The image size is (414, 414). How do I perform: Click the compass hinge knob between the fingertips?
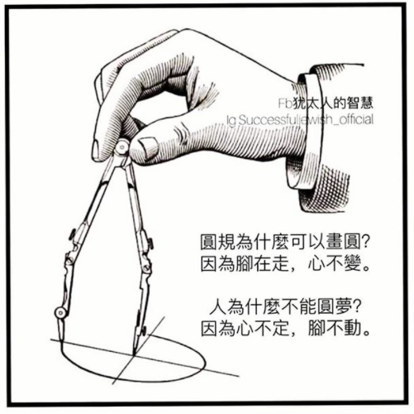pos(121,147)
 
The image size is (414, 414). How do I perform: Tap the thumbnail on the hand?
pos(147,145)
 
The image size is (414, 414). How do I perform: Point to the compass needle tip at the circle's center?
pos(134,354)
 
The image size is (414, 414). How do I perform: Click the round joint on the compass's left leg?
pos(60,313)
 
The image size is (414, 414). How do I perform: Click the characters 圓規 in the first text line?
pos(217,243)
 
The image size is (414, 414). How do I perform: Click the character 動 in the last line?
pos(352,328)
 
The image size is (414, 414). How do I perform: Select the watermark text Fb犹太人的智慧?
pos(326,103)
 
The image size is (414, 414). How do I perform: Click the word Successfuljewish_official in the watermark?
pos(306,120)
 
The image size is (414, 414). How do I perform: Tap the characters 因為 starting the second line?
pos(217,264)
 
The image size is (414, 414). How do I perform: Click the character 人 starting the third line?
pos(217,308)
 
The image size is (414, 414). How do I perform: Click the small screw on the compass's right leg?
pos(150,243)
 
